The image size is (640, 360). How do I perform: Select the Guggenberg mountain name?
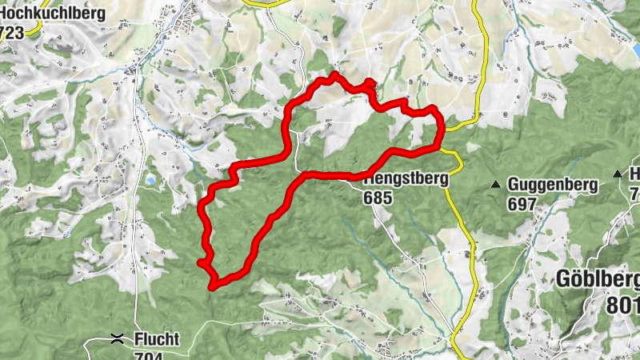pos(553,185)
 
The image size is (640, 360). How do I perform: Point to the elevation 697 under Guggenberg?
pos(521,203)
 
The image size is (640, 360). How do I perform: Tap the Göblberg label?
pos(600,280)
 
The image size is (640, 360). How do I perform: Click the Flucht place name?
pos(157,339)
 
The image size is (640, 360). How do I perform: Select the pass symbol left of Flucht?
pos(118,339)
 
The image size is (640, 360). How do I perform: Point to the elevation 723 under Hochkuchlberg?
pos(12,32)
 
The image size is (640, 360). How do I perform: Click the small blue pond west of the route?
pos(150,182)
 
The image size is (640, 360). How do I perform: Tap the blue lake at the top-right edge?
pos(628,48)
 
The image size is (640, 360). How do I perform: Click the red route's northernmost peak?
pos(333,74)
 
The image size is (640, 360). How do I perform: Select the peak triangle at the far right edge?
pos(617,174)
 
